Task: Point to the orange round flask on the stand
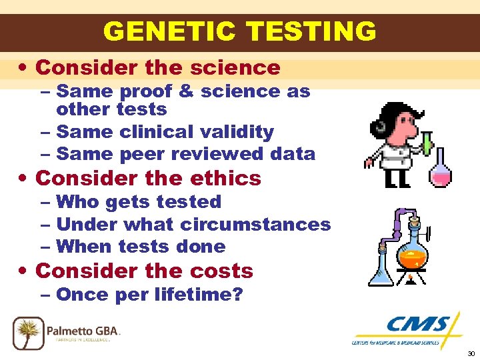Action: (x=413, y=253)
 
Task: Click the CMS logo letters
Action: (x=417, y=325)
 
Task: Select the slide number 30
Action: (x=471, y=353)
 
